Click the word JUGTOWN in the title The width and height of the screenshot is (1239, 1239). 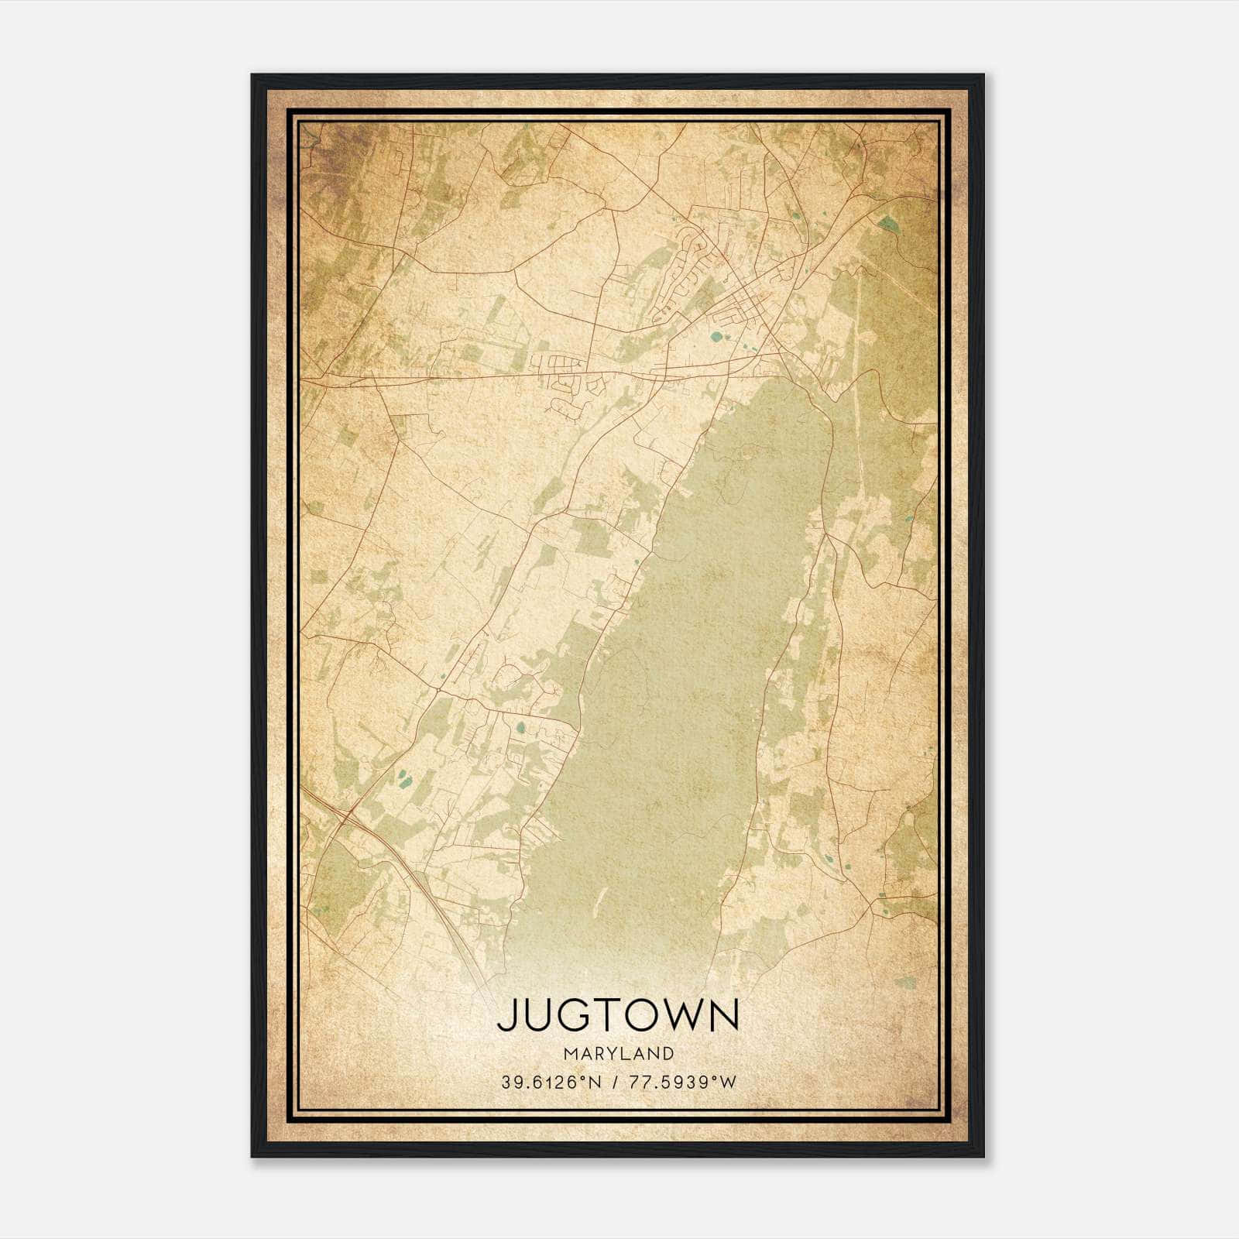pyautogui.click(x=618, y=1015)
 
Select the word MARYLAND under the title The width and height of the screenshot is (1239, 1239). pyautogui.click(x=618, y=1053)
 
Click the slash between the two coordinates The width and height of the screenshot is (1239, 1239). pyautogui.click(x=614, y=1082)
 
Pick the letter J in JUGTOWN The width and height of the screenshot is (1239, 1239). pyautogui.click(x=506, y=1015)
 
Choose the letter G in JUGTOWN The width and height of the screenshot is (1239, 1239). pyautogui.click(x=573, y=1015)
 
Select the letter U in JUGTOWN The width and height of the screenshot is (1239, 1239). pyautogui.click(x=537, y=1015)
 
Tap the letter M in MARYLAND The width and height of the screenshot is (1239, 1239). pyautogui.click(x=571, y=1053)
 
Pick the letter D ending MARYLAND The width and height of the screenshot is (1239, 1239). pyautogui.click(x=668, y=1053)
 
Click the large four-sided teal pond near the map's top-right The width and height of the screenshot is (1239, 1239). pyautogui.click(x=887, y=224)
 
